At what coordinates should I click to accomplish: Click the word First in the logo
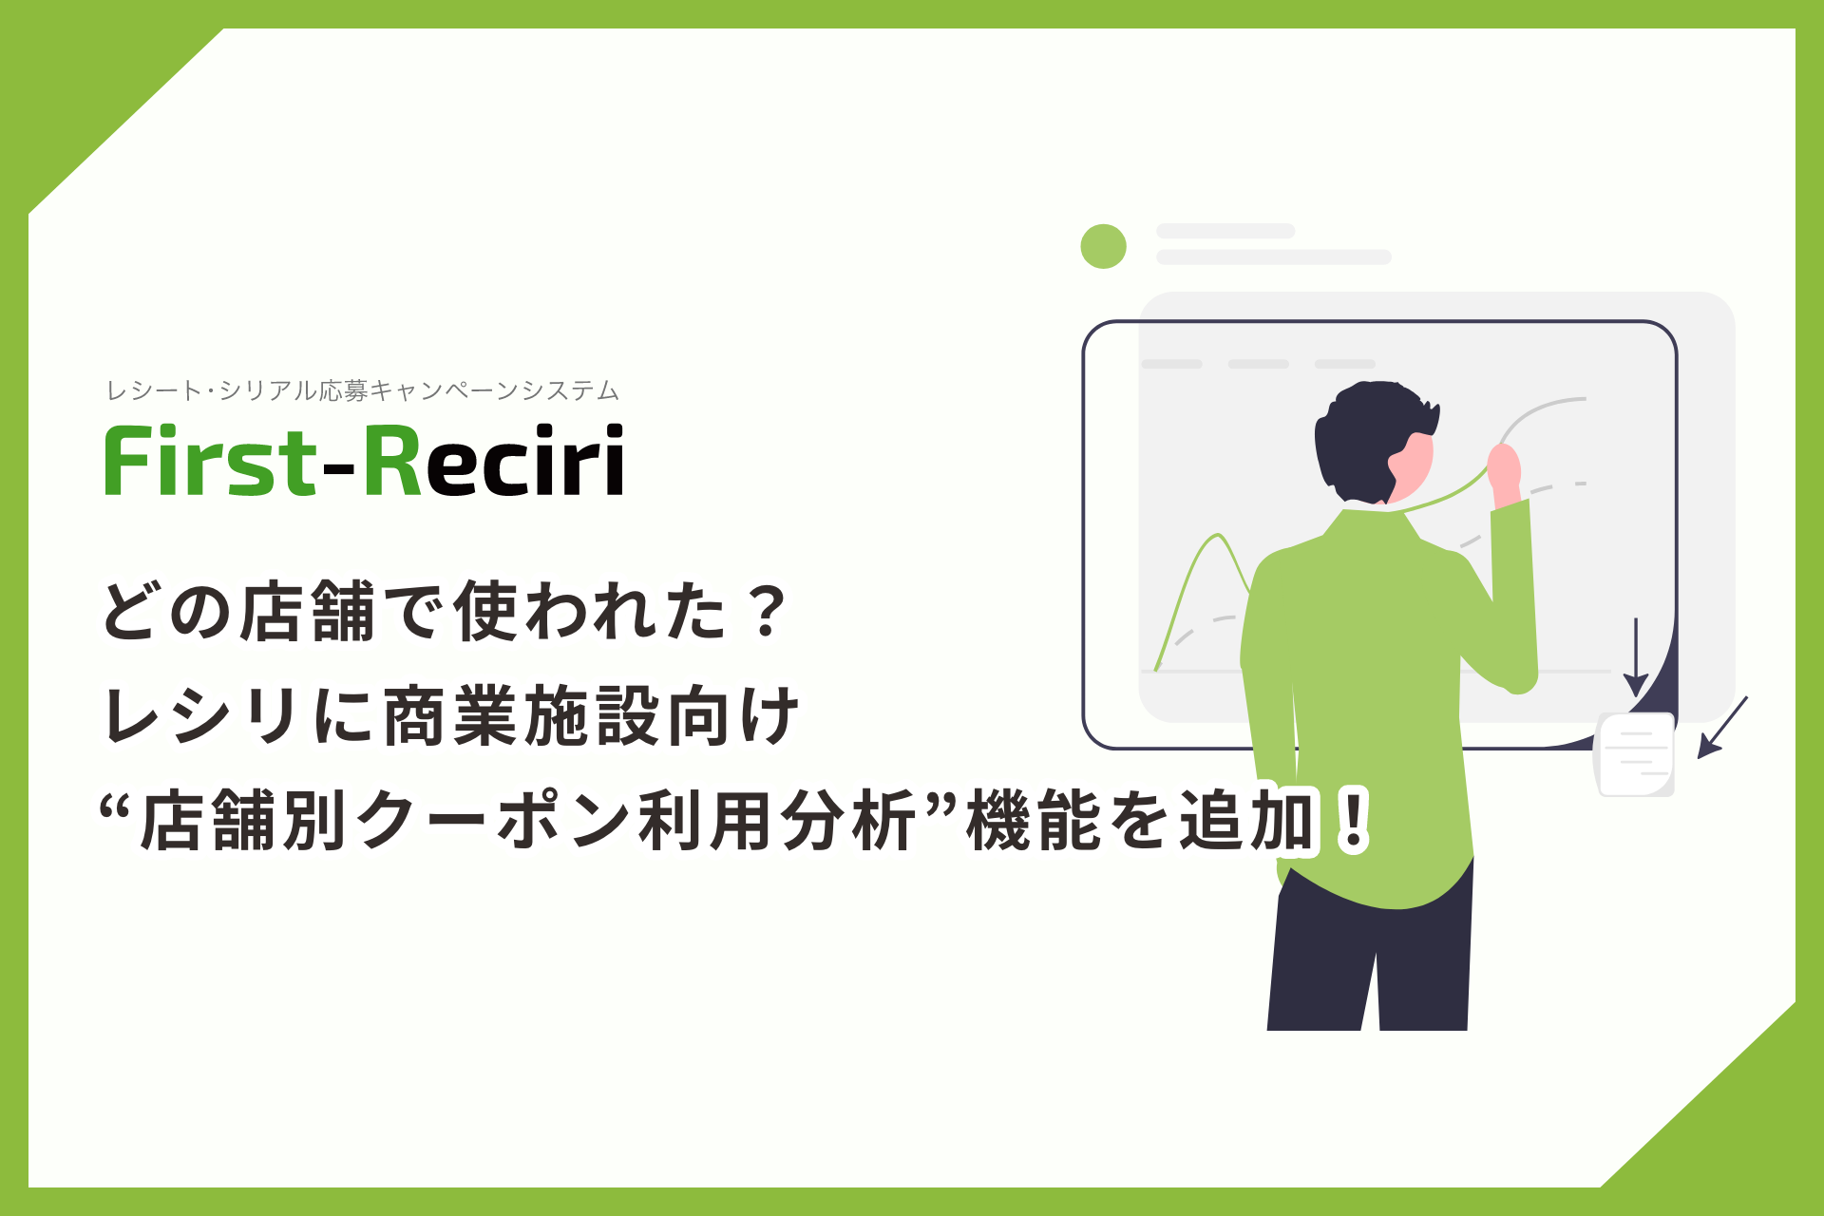(210, 461)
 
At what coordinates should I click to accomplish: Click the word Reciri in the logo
(493, 461)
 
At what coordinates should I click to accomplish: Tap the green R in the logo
(392, 461)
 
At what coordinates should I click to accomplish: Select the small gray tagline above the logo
(362, 390)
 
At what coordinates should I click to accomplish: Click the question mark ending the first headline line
(766, 611)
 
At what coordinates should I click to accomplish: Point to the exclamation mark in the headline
(1350, 819)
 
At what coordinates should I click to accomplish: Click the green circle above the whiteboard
(1103, 246)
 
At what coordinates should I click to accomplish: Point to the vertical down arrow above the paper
(1635, 657)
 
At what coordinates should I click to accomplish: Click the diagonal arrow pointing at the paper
(1722, 727)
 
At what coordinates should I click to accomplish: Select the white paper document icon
(1634, 754)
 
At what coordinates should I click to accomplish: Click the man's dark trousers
(1370, 950)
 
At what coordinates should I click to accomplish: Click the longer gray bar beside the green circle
(1273, 256)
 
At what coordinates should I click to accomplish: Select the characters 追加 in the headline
(1247, 820)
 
